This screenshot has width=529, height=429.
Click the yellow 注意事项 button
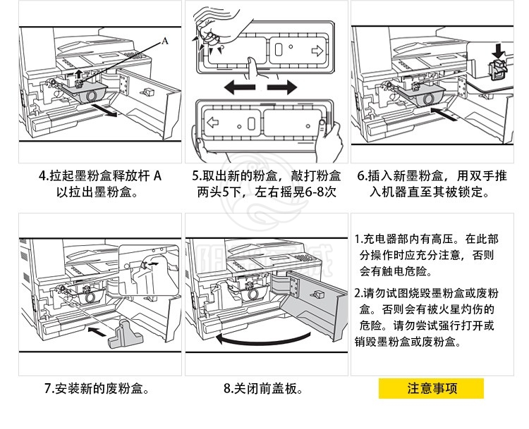tap(431, 389)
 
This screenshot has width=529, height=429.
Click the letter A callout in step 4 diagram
tap(165, 41)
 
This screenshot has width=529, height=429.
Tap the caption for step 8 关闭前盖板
tap(263, 389)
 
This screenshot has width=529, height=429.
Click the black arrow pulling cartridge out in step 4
tap(104, 112)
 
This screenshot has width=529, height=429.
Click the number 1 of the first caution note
tap(358, 239)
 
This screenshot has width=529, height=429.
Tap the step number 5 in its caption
tap(197, 175)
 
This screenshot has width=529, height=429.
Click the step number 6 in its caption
tap(361, 175)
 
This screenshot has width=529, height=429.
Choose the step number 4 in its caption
tap(43, 175)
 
